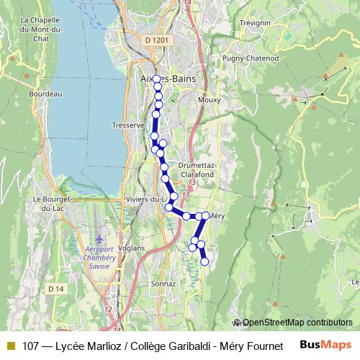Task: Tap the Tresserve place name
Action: tap(129, 125)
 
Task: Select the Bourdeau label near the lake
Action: tap(46, 93)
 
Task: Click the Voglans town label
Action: tap(132, 248)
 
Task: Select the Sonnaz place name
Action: tap(163, 284)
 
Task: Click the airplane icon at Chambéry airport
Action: tap(99, 238)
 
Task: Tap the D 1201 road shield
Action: tap(156, 40)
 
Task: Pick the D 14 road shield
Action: tap(56, 289)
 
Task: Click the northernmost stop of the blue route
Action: tap(157, 79)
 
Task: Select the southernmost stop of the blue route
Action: tap(204, 261)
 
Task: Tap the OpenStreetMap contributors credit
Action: tap(296, 323)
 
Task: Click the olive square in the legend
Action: tap(10, 345)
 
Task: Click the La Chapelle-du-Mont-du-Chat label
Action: tap(43, 30)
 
